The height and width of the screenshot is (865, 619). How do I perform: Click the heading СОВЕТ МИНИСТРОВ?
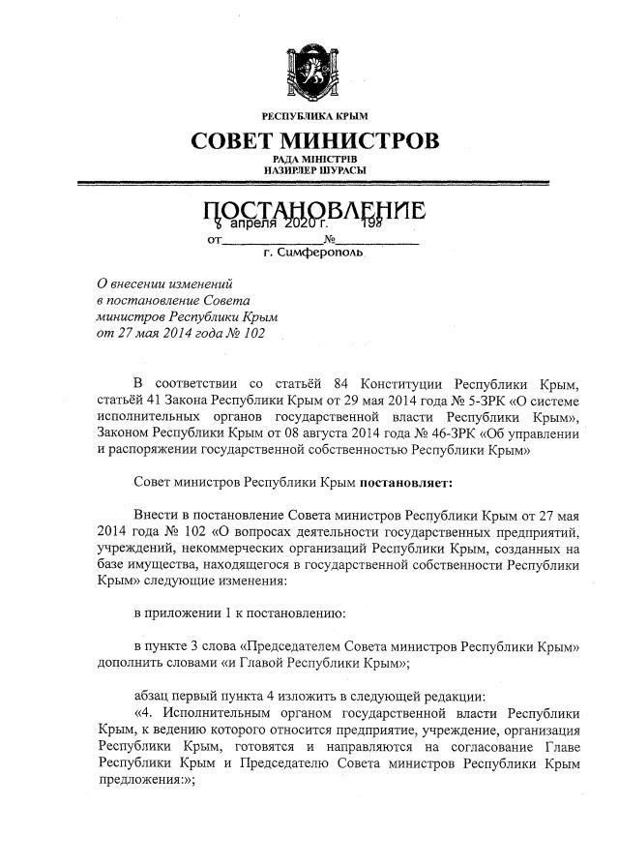(x=315, y=141)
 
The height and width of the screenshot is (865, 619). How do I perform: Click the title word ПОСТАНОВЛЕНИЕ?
(x=315, y=210)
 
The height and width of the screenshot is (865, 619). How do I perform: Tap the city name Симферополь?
(x=320, y=254)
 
